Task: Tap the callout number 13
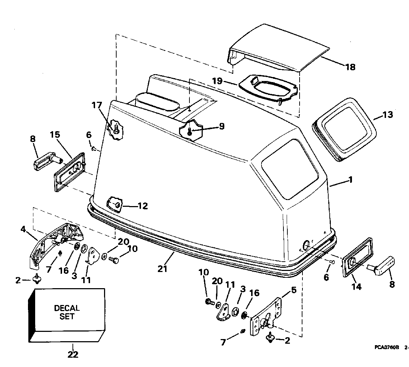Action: (x=387, y=115)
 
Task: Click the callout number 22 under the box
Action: (x=73, y=354)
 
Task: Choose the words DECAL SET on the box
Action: (x=67, y=312)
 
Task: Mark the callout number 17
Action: (x=97, y=105)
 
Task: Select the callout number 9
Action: (x=221, y=126)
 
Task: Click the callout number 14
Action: (x=356, y=286)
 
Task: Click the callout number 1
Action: (x=351, y=180)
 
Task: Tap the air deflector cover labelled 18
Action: (x=280, y=47)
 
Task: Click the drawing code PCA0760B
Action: (x=388, y=347)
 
